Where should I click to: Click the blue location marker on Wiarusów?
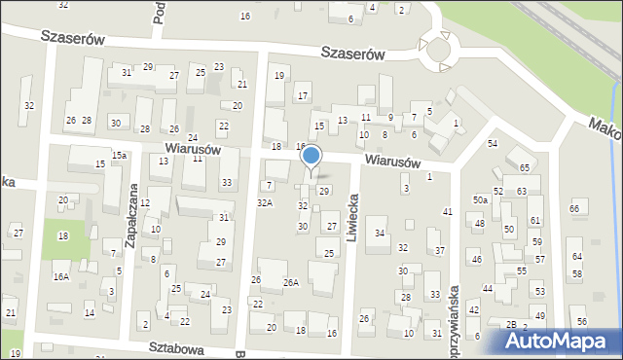311,157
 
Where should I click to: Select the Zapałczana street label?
133,219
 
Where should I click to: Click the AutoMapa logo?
562,341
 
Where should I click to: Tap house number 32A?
264,202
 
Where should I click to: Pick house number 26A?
290,282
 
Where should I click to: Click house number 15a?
119,155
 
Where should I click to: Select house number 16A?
60,277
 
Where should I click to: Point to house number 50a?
480,199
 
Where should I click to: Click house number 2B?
510,324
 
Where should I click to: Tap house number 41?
448,211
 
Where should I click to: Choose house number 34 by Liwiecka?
380,233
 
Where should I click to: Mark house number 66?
574,208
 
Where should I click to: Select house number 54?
493,143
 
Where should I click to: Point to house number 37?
440,250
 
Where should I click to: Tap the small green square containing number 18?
63,236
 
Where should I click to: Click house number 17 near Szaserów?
303,95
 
